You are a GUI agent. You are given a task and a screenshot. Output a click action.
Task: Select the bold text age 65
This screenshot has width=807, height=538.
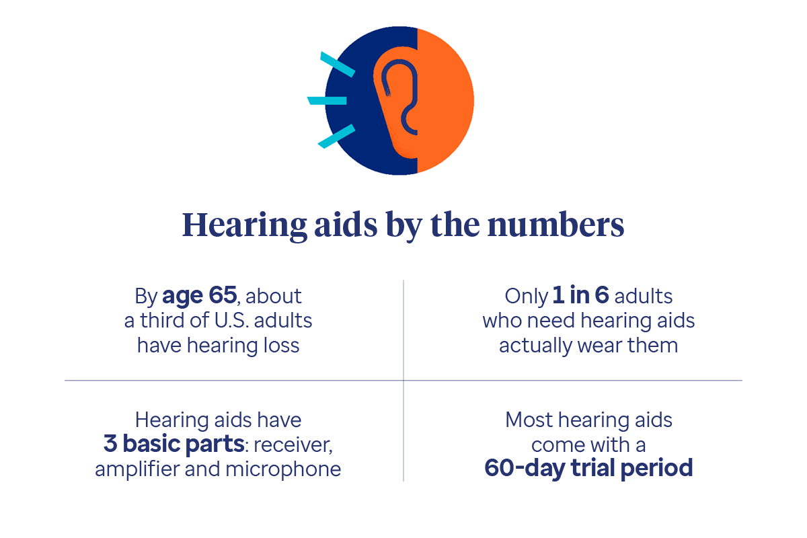click(199, 295)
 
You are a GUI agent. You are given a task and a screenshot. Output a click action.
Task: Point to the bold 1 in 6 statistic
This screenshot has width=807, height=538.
click(580, 295)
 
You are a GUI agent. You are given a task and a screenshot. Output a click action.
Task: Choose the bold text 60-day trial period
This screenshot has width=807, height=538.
click(588, 467)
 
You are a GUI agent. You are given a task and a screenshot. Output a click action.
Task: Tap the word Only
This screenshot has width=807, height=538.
click(526, 295)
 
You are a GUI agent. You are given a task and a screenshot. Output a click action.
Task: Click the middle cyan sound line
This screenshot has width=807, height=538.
click(328, 100)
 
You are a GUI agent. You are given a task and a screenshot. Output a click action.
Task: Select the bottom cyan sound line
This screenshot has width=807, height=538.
click(336, 136)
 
